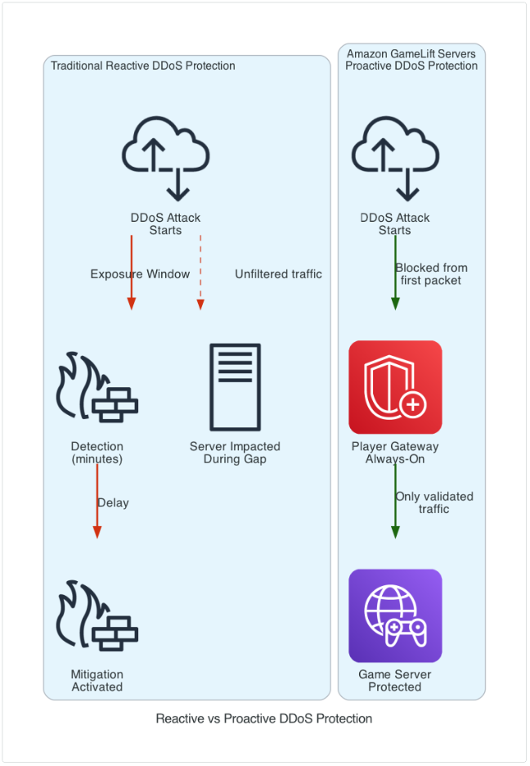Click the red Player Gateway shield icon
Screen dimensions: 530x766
tap(395, 387)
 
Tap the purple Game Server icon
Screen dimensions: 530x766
tap(395, 615)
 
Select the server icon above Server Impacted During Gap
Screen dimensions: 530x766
tap(236, 387)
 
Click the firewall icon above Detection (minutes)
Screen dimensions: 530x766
tap(97, 387)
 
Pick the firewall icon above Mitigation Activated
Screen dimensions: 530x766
tap(97, 615)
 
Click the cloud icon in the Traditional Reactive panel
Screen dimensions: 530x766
tap(165, 158)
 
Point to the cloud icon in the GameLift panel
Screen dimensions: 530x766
tap(395, 158)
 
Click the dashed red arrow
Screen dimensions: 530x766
tap(200, 272)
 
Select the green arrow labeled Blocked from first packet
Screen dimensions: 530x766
tap(395, 272)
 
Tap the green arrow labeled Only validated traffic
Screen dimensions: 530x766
tap(395, 501)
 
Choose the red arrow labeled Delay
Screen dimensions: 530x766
tap(97, 501)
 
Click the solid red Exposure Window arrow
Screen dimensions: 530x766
tap(132, 272)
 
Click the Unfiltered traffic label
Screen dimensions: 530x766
tap(278, 274)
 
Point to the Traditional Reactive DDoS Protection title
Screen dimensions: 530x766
tap(143, 65)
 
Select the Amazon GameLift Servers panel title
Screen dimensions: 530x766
tap(411, 60)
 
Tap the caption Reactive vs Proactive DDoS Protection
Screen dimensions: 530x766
tap(264, 719)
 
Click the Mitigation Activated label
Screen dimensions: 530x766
tap(97, 681)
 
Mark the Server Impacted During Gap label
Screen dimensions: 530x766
tap(235, 453)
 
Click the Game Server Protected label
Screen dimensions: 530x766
tap(395, 681)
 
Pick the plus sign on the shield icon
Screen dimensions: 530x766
tap(413, 404)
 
